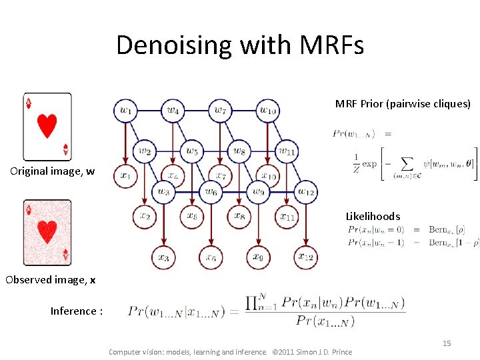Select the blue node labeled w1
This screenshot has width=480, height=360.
pos(125,110)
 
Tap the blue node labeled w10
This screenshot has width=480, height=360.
pos(268,110)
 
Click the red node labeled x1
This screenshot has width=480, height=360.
pos(125,176)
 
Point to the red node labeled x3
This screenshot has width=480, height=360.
pos(163,257)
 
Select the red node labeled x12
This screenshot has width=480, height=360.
pos(306,257)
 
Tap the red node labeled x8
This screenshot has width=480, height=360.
pos(239,216)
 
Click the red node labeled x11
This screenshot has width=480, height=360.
pos(287,216)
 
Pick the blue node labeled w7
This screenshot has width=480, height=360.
pos(220,110)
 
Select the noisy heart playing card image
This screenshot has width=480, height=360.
pos(47,232)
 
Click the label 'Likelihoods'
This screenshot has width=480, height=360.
pos(373,216)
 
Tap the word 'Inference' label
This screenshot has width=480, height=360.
pos(73,311)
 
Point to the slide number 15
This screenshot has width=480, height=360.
pos(447,343)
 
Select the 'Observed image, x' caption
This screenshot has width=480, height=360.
pos(50,280)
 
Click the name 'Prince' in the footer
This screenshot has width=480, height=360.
pos(341,351)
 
